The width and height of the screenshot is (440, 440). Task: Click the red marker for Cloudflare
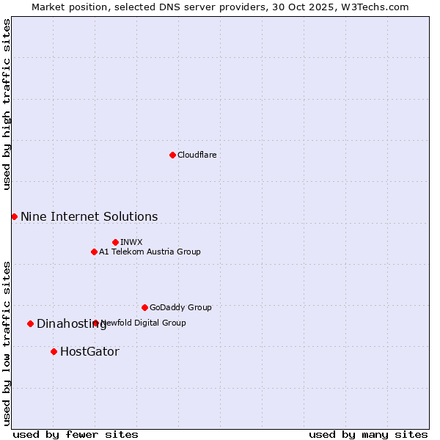172,155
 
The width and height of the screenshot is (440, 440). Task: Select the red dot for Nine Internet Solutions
14,216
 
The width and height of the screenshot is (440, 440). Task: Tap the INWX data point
115,242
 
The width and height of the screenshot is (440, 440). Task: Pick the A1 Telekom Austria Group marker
94,252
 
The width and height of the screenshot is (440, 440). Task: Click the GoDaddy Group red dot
144,307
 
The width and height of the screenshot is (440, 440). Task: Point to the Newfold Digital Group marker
95,323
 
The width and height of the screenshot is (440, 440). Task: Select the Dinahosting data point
30,323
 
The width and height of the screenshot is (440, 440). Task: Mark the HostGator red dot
54,351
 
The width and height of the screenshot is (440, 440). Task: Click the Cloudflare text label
197,155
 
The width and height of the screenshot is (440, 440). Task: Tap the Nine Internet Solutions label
89,216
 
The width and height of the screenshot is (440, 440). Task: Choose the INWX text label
131,242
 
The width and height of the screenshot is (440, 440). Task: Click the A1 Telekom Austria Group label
150,252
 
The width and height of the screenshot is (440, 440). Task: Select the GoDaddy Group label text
180,307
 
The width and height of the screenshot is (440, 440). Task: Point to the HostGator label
89,351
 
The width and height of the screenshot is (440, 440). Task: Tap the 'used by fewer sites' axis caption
76,434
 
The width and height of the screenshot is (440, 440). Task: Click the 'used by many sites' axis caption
368,434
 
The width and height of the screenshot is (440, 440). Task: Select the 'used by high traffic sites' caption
7,104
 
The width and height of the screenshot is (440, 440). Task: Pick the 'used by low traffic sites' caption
7,342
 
